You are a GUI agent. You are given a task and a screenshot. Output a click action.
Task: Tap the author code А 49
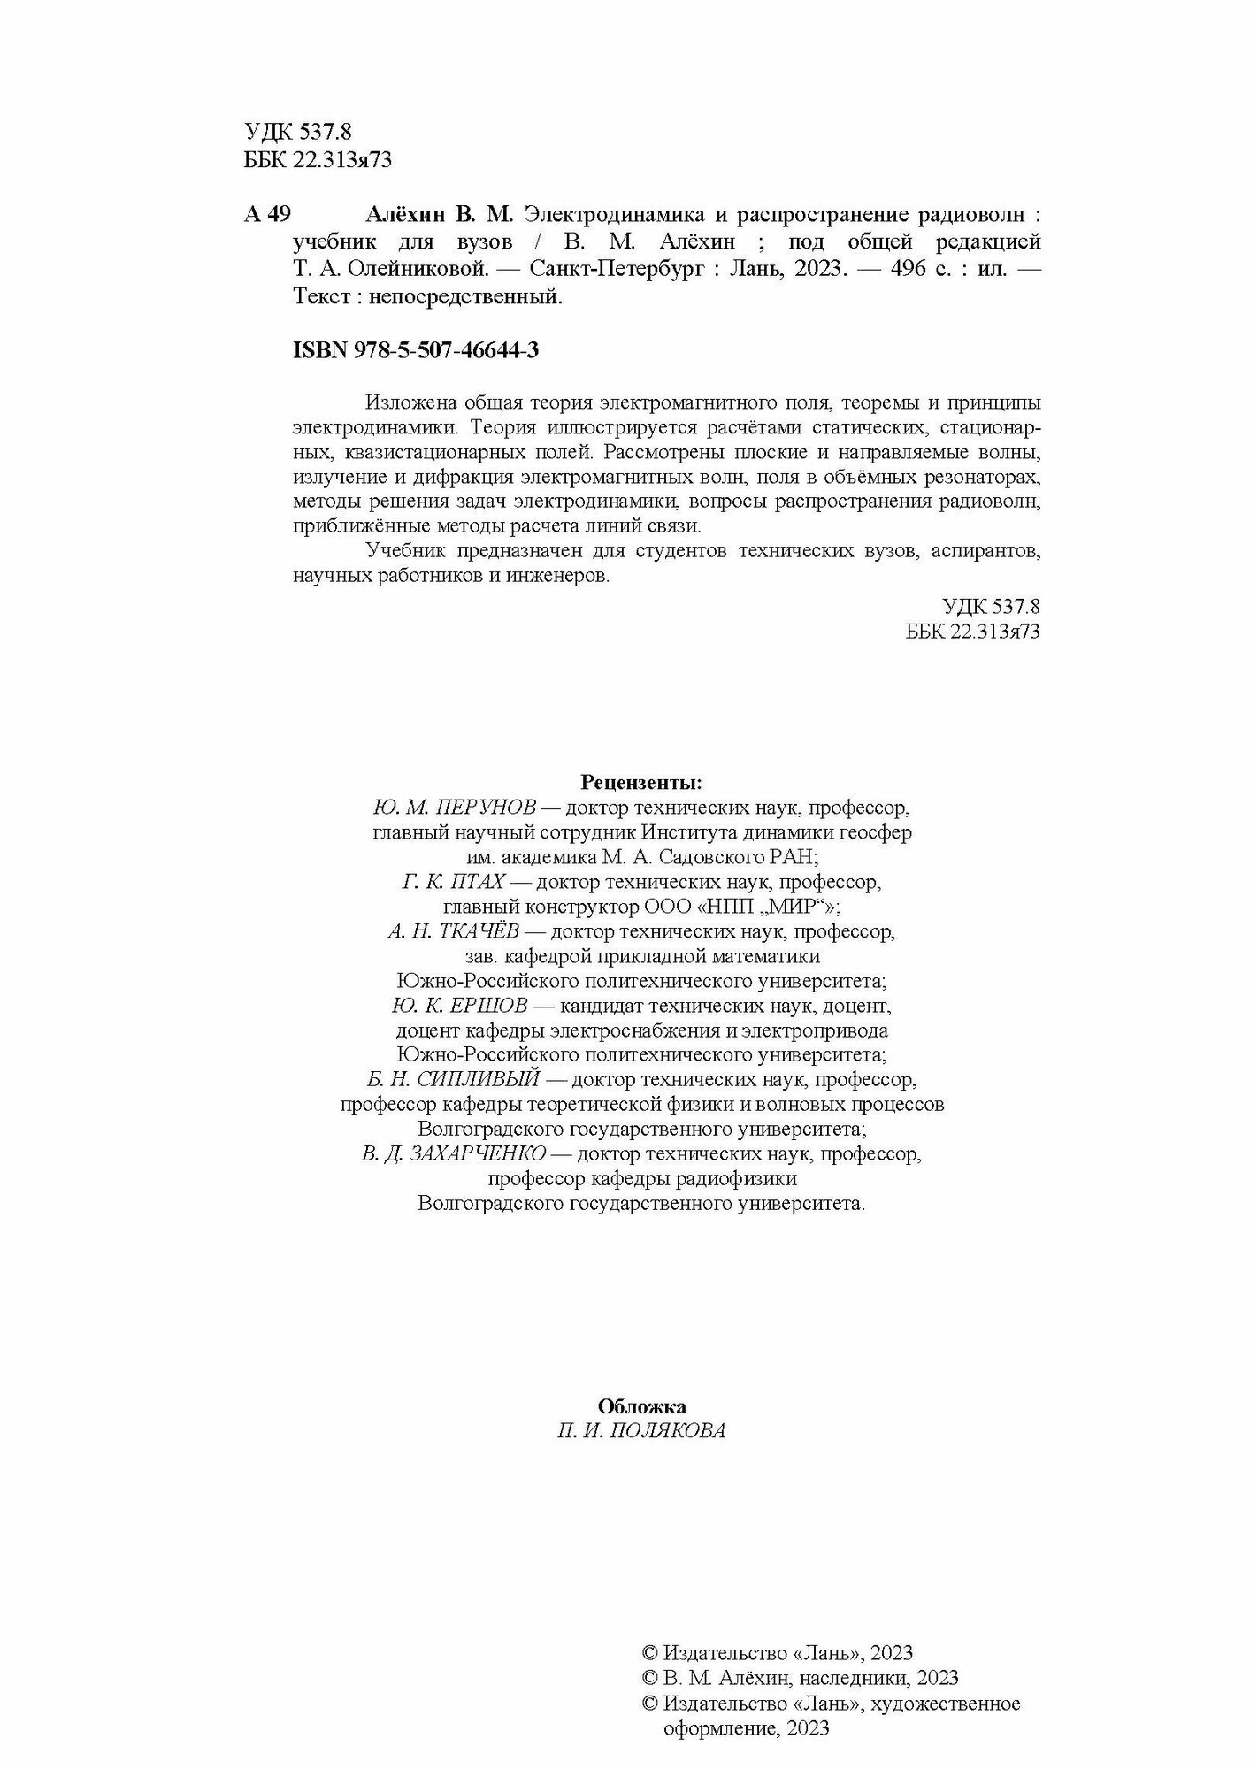266,215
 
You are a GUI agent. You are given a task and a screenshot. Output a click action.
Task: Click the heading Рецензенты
641,783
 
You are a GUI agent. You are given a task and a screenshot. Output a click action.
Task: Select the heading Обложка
641,1406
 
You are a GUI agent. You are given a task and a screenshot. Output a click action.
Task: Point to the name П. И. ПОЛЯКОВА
641,1431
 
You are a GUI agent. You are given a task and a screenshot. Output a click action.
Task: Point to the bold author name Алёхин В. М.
439,215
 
